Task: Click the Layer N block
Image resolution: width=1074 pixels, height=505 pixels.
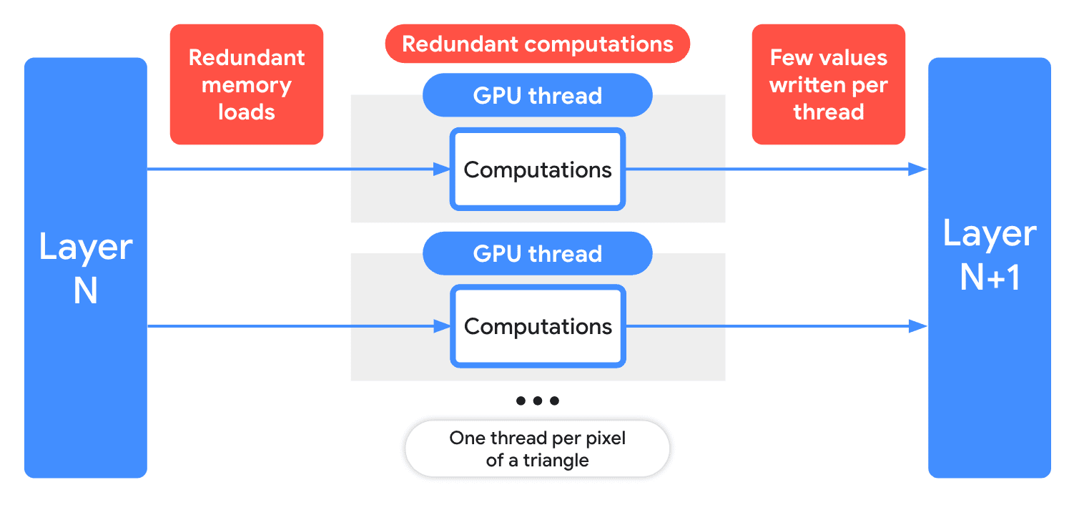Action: pyautogui.click(x=85, y=268)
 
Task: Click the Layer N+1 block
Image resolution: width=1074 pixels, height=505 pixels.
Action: pyautogui.click(x=989, y=268)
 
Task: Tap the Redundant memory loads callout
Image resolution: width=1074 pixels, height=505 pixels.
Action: pyautogui.click(x=246, y=84)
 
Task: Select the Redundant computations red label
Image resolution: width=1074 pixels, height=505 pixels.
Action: pyautogui.click(x=537, y=44)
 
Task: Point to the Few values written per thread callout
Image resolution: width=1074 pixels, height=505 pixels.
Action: pyautogui.click(x=828, y=84)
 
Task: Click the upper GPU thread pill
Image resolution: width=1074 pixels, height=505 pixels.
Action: pyautogui.click(x=537, y=95)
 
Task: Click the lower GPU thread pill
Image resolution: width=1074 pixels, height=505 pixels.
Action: pyautogui.click(x=537, y=253)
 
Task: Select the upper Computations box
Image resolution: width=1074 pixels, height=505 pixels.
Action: pyautogui.click(x=537, y=170)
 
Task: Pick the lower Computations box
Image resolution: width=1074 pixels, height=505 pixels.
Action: pyautogui.click(x=537, y=327)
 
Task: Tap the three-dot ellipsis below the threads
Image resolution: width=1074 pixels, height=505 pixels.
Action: pyautogui.click(x=537, y=401)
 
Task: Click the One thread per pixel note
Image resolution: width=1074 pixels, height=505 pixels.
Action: pyautogui.click(x=537, y=448)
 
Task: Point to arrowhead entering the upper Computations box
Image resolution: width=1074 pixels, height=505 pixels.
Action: pyautogui.click(x=443, y=170)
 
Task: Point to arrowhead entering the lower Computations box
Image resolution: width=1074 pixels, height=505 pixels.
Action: pyautogui.click(x=443, y=327)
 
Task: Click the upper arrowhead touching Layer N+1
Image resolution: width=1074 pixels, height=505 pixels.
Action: pyautogui.click(x=919, y=170)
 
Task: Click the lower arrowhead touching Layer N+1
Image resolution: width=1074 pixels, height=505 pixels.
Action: pyautogui.click(x=919, y=327)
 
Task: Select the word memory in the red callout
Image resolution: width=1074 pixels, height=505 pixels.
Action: pyautogui.click(x=246, y=85)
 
